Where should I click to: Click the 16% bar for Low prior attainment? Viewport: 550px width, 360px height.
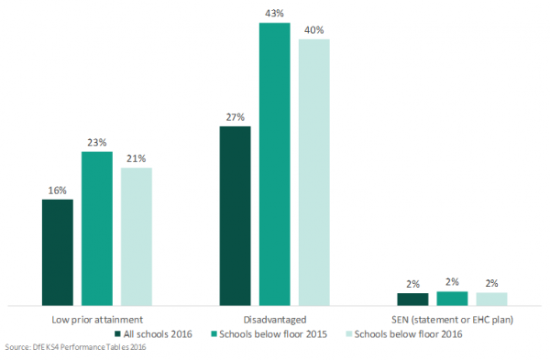coord(57,252)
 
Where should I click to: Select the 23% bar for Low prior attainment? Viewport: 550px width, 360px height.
coord(97,228)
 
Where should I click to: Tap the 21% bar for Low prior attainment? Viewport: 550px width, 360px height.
coord(137,235)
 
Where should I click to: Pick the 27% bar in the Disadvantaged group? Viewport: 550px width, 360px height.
coord(235,215)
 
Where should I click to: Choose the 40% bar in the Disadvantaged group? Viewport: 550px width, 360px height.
coord(314,171)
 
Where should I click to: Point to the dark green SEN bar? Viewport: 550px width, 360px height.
coord(412,299)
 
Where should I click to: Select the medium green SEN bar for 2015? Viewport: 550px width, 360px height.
coord(452,298)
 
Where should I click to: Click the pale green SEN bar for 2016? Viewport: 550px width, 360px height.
coord(491,299)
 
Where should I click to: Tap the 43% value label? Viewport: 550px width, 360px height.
coord(275,13)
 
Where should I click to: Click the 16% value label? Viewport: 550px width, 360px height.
coord(57,191)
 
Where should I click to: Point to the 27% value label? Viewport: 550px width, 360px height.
coord(235,117)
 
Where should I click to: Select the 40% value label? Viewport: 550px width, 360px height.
coord(314,30)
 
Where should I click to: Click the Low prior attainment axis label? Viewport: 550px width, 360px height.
coord(97,320)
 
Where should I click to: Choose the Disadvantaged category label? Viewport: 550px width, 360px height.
coord(274,320)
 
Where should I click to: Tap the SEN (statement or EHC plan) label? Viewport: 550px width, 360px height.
coord(452,320)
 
